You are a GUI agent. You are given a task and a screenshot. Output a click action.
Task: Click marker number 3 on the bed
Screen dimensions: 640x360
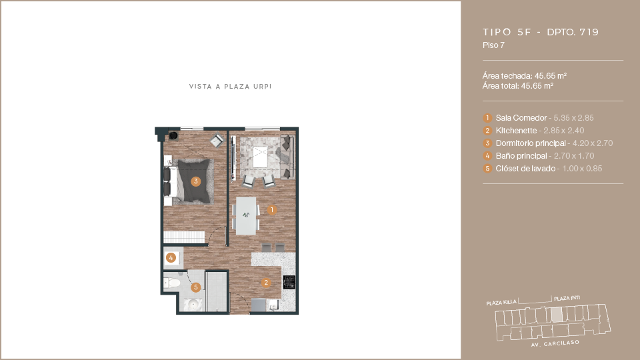click(x=196, y=181)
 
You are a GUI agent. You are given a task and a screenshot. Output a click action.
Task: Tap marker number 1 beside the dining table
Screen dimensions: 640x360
click(x=272, y=210)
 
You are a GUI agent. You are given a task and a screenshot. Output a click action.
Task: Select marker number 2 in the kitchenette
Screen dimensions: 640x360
click(x=266, y=283)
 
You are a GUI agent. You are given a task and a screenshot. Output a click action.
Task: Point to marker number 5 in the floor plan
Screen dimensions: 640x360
click(x=196, y=287)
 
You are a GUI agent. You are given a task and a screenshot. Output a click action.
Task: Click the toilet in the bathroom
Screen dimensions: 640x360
click(x=172, y=283)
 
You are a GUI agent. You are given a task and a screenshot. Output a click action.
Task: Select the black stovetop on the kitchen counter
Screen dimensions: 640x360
click(x=289, y=282)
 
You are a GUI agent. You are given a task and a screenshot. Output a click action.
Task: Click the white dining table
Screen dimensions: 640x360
click(x=246, y=215)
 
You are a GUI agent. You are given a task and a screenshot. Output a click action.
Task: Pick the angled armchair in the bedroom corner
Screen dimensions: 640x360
click(x=217, y=141)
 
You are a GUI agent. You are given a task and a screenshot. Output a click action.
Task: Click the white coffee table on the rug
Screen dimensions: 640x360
click(x=261, y=157)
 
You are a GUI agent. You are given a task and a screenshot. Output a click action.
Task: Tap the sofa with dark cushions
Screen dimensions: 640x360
click(x=287, y=157)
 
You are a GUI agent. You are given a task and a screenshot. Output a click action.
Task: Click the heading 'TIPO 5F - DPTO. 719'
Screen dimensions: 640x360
click(x=541, y=32)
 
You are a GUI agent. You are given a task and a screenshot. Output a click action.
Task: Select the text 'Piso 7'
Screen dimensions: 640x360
click(x=493, y=45)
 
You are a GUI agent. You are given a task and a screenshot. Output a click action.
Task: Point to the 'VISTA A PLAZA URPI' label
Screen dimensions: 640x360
click(x=230, y=87)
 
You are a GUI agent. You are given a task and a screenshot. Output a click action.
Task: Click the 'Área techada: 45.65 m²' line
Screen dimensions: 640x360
click(x=525, y=76)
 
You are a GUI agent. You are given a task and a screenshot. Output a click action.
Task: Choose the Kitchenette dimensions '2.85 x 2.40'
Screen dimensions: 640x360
click(x=564, y=131)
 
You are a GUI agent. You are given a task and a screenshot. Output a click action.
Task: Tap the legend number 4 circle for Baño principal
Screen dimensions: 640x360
click(x=487, y=156)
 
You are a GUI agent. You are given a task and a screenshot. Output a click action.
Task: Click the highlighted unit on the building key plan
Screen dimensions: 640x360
click(x=557, y=314)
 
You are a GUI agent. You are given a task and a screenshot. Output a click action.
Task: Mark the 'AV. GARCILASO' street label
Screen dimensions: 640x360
click(x=555, y=343)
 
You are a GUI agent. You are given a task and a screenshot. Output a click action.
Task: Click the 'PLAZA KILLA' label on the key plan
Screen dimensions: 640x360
click(x=501, y=303)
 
